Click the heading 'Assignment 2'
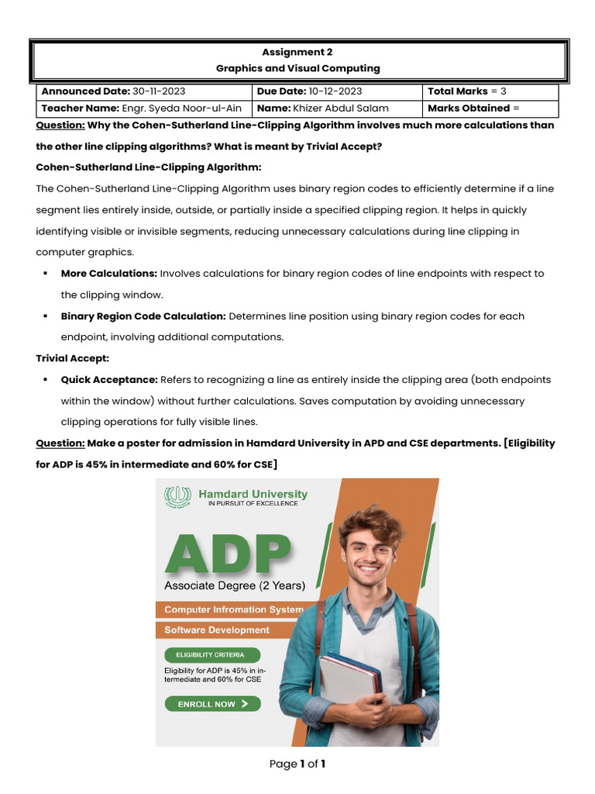point(297,53)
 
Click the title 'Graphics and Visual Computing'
point(297,68)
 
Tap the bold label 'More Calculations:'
point(109,274)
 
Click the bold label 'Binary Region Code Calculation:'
point(143,316)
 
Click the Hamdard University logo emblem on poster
point(178,496)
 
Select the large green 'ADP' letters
point(228,554)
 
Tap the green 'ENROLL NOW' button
point(212,704)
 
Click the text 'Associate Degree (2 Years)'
point(235,585)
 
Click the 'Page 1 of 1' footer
point(297,765)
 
